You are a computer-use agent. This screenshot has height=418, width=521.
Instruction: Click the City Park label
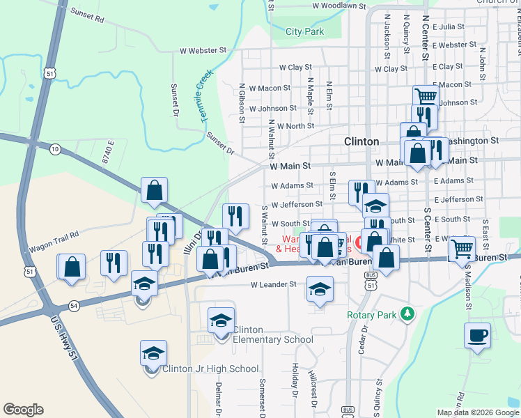(305, 31)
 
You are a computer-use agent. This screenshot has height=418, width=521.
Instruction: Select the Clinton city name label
(361, 141)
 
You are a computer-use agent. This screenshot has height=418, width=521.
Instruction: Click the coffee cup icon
(478, 335)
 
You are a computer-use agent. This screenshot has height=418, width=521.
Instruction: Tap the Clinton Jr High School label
(210, 369)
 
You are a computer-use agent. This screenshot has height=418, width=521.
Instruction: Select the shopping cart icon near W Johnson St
(426, 96)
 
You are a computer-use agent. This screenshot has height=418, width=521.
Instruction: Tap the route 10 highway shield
(55, 148)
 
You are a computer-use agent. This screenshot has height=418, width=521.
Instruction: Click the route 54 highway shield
(74, 305)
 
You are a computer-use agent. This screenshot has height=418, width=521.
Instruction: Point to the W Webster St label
(203, 50)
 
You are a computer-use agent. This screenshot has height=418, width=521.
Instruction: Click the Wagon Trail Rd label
(54, 241)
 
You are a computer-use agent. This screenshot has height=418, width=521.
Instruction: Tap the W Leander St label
(274, 284)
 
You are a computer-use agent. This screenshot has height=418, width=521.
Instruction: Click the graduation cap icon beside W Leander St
(319, 288)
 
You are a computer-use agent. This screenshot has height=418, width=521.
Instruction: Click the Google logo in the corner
(23, 409)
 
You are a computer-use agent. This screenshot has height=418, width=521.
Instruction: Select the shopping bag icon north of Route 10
(154, 189)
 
